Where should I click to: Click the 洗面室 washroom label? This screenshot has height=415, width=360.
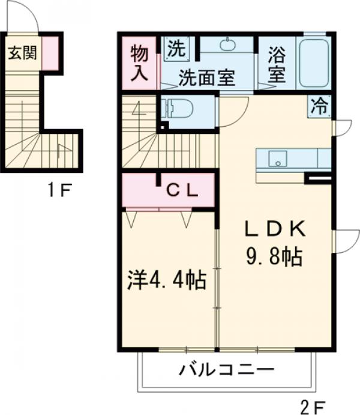207,79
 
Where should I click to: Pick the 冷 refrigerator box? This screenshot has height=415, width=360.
320,107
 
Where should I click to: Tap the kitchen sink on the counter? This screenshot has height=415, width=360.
277,159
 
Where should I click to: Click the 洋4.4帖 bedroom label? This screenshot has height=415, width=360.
167,280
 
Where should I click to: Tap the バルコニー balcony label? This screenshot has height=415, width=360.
227,370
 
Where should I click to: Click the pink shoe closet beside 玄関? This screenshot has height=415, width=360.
51,53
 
